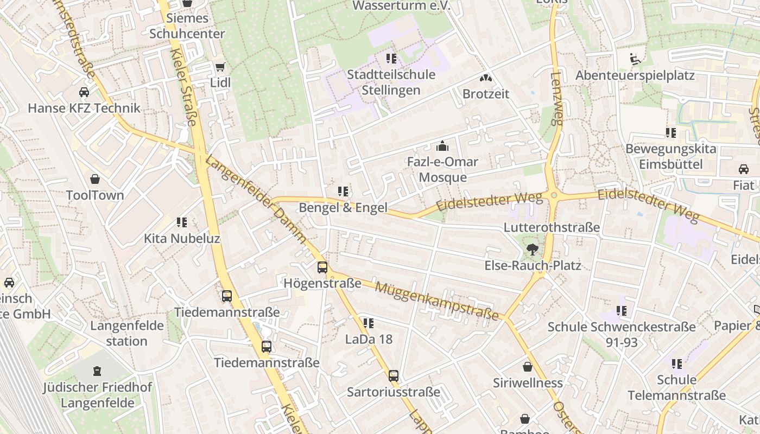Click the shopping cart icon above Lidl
pyautogui.click(x=220, y=67)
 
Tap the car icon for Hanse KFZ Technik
pyautogui.click(x=84, y=92)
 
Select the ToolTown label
pyautogui.click(x=95, y=195)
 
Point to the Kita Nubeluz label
pyautogui.click(x=181, y=238)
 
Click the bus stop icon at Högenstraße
pyautogui.click(x=322, y=267)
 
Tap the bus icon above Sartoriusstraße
pyautogui.click(x=394, y=376)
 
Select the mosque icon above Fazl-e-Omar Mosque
pyautogui.click(x=442, y=146)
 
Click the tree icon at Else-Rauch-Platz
pyautogui.click(x=533, y=250)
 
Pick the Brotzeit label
pyautogui.click(x=486, y=94)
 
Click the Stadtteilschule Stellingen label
pyautogui.click(x=391, y=82)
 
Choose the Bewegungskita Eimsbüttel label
pyautogui.click(x=671, y=156)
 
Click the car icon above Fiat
pyautogui.click(x=744, y=169)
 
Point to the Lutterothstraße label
pyautogui.click(x=552, y=227)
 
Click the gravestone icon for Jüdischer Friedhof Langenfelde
pyautogui.click(x=97, y=371)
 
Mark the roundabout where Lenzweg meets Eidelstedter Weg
pyautogui.click(x=553, y=195)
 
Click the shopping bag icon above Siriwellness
pyautogui.click(x=527, y=367)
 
